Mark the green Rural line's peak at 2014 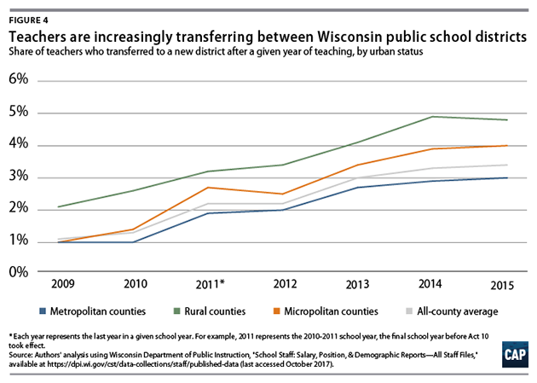[x=434, y=117]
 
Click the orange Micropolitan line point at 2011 [x=209, y=188]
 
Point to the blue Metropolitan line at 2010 [x=133, y=241]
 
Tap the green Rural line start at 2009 [x=58, y=206]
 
